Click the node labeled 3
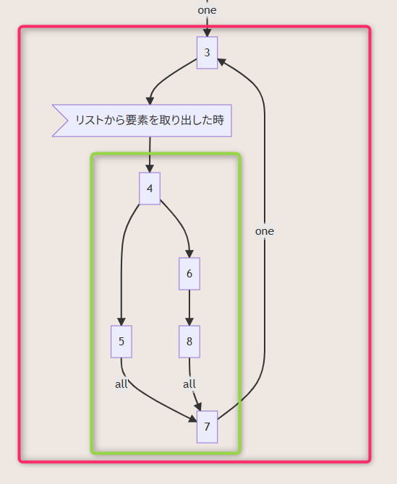coord(207,53)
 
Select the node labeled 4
coord(150,189)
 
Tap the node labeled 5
coord(121,342)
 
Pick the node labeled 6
coord(189,274)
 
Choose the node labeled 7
coord(207,427)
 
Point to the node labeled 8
coord(189,342)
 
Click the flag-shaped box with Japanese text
coord(142,121)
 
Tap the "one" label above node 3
coord(207,10)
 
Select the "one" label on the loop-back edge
coord(265,231)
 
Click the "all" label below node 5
coord(121,384)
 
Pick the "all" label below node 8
coord(189,384)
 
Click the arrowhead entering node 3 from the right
coord(222,61)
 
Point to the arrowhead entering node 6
coord(189,254)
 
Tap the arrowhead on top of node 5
coord(121,321)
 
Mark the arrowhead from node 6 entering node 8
coord(189,321)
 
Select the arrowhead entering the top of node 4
coord(150,168)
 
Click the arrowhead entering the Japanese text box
coord(150,100)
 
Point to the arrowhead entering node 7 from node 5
coord(193,419)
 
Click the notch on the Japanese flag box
coord(68,121)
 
